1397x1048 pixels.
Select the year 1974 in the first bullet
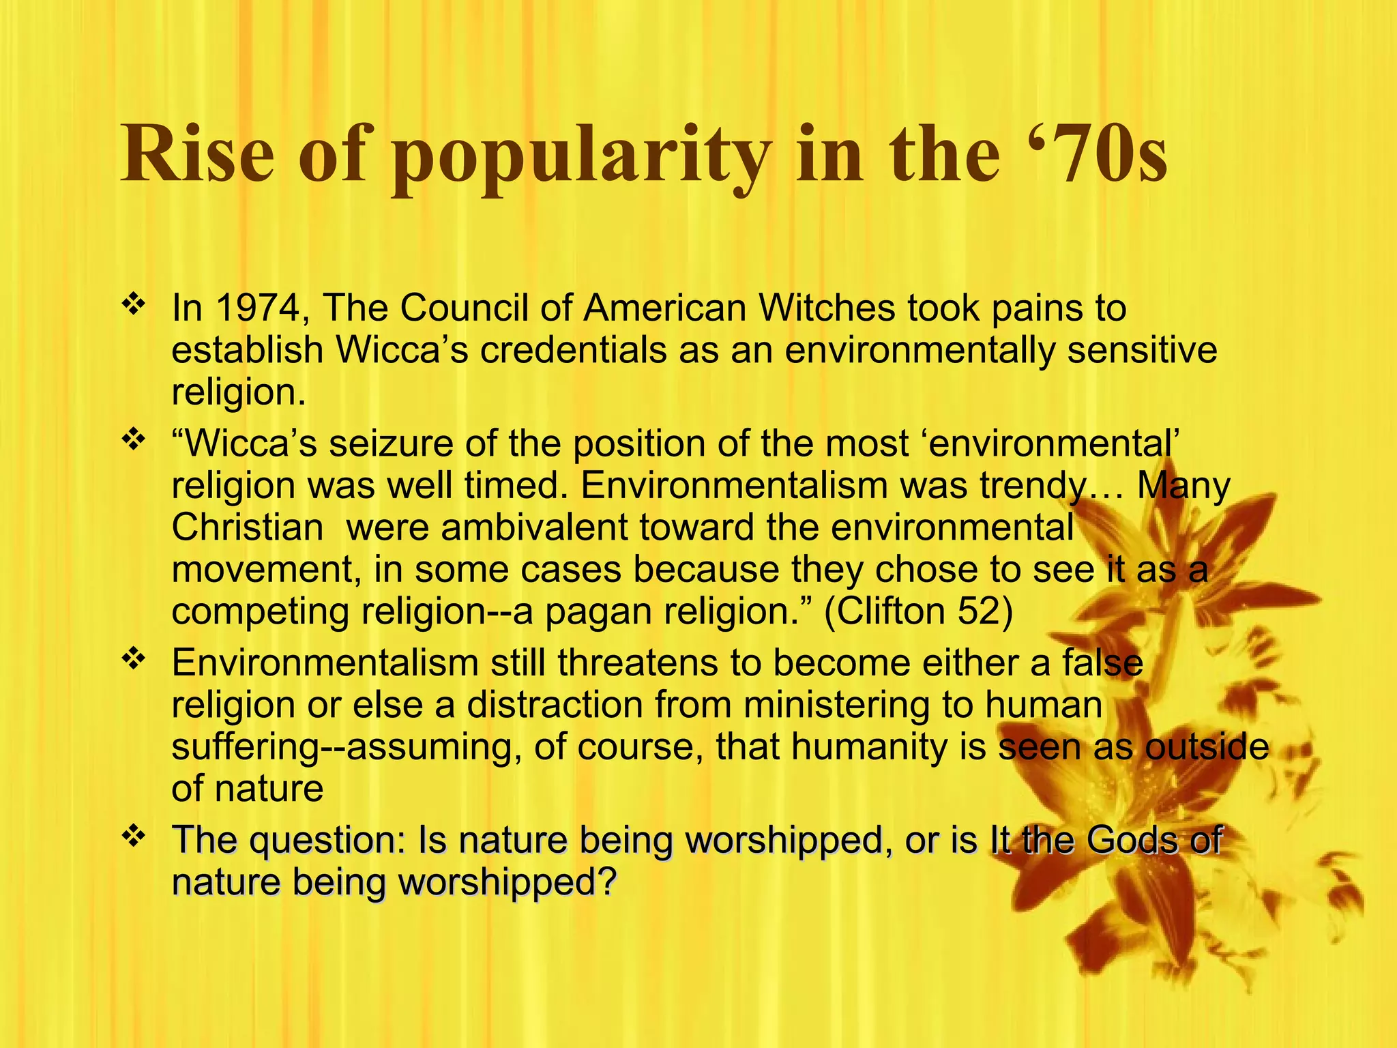(257, 308)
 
